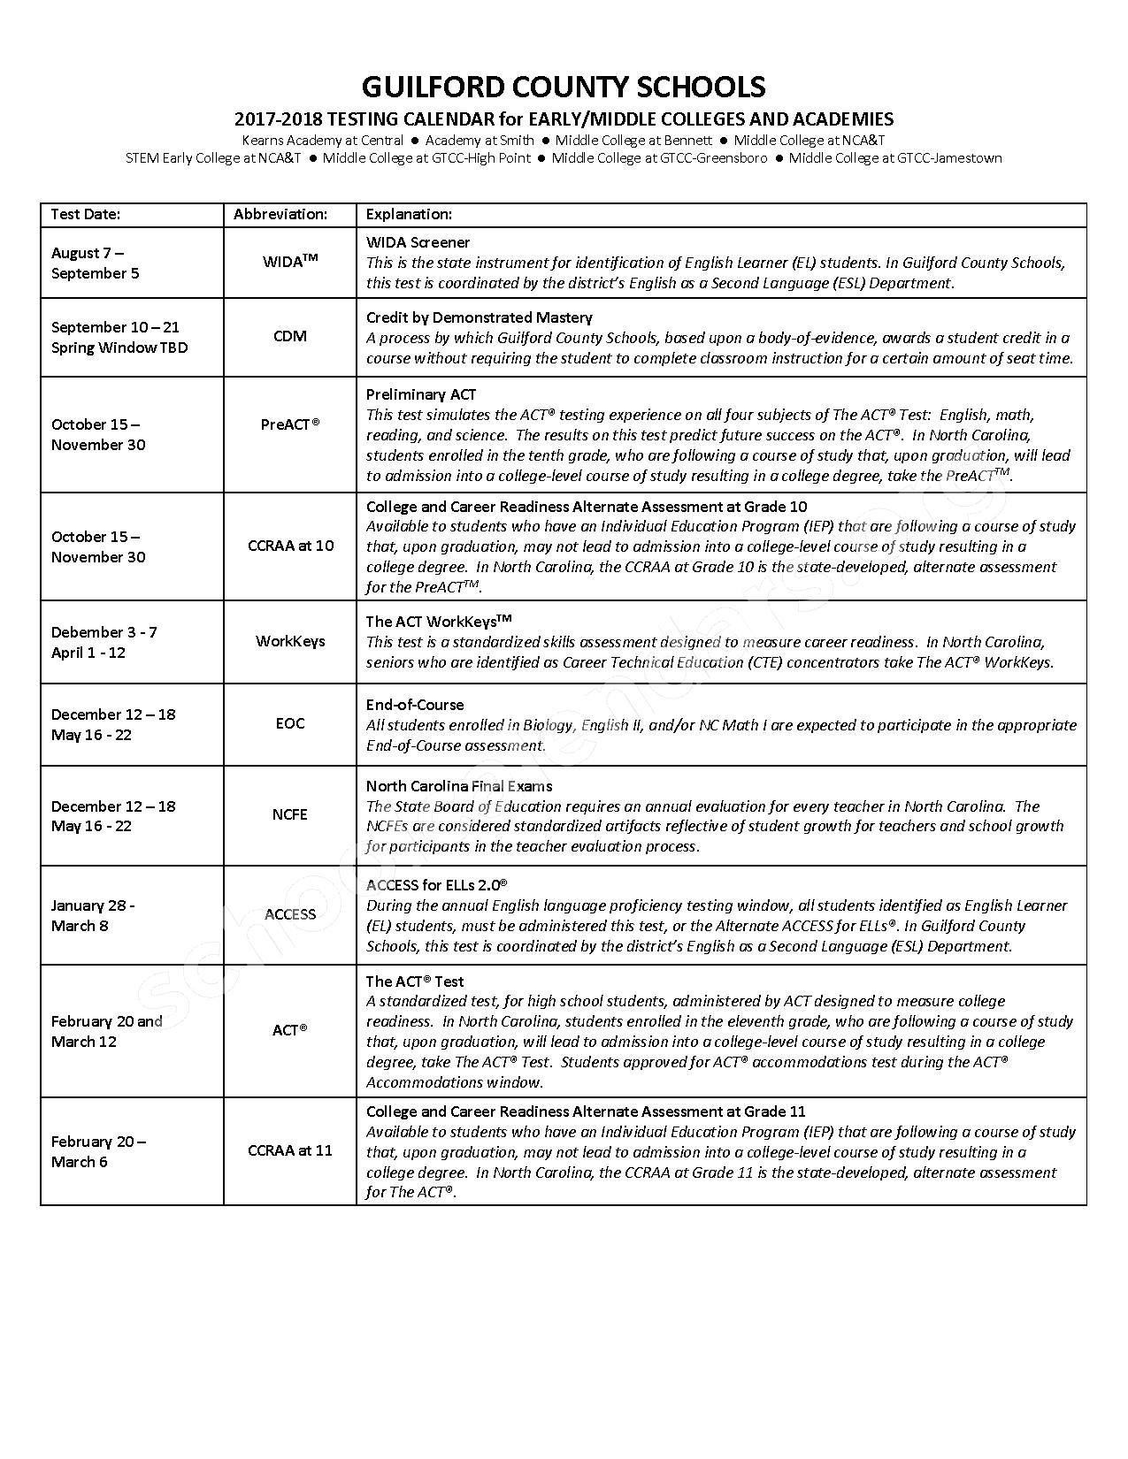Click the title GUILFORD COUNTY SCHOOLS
pos(564,87)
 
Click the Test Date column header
pos(86,214)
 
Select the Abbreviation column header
pos(280,214)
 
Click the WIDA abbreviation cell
pos(290,262)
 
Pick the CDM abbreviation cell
pos(290,336)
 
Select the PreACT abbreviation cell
pos(290,424)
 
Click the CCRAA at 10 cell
pos(290,546)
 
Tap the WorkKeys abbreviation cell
pos(290,641)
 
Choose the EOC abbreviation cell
pos(290,723)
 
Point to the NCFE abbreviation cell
pos(290,814)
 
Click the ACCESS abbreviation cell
pos(290,914)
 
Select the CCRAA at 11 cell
pos(290,1150)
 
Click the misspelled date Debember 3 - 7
pos(104,632)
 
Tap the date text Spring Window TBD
pos(119,348)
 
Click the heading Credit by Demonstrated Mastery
pos(479,317)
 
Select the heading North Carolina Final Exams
pos(459,786)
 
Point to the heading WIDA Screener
pos(418,242)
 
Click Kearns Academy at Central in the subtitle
pos(322,140)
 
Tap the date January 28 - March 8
pos(92,915)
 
